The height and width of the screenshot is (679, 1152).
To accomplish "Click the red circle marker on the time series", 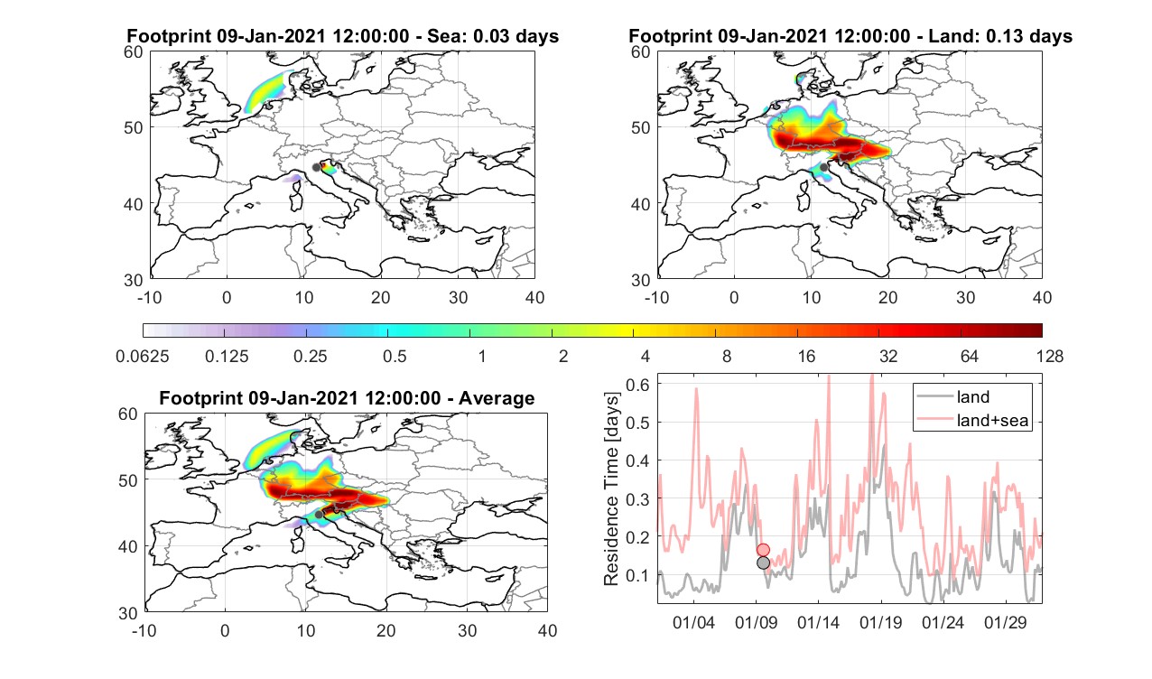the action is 764,550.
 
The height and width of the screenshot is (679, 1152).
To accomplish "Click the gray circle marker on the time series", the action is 764,563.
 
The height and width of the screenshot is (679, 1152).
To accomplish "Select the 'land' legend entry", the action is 973,396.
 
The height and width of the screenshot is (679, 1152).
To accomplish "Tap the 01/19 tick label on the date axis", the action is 880,622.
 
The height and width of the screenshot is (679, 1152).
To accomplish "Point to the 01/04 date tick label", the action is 693,622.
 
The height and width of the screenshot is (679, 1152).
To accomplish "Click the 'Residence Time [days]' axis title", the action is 611,489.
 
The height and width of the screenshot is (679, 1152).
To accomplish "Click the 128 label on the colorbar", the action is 1050,356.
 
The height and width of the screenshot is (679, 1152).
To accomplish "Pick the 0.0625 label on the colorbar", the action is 143,356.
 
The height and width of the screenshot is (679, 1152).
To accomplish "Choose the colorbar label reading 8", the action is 726,356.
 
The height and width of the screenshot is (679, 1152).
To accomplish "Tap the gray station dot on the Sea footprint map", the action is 316,167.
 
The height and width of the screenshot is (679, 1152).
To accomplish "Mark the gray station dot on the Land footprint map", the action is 824,167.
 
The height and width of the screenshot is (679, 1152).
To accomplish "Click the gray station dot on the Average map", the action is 319,515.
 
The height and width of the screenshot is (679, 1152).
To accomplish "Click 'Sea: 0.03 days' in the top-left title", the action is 493,36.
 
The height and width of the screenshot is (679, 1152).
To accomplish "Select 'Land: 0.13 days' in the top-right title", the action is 1003,36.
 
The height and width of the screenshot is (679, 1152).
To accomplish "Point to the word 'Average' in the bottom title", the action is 497,398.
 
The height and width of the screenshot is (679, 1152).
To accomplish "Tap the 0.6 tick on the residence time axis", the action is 637,385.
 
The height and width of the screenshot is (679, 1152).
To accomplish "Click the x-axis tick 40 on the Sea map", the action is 534,297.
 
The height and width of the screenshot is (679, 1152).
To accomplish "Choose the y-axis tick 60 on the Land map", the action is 641,52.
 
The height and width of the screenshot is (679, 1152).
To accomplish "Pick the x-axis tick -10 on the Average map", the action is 144,630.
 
